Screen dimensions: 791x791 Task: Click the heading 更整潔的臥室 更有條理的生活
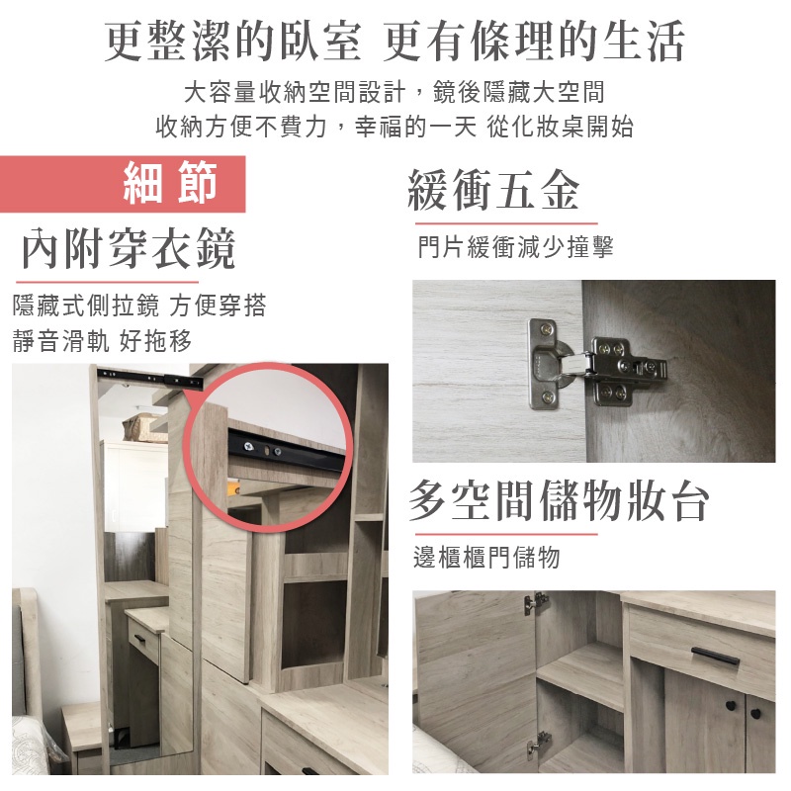394,42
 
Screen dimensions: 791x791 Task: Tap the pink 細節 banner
123,184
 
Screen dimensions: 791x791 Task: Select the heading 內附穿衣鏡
129,248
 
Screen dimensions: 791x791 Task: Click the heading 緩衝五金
493,189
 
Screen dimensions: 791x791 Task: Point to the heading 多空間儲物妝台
559,500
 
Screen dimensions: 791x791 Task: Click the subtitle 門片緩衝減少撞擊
515,246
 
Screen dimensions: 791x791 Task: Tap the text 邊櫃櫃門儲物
486,558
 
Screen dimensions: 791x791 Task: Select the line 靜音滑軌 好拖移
103,341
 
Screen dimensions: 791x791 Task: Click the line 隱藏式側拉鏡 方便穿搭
139,306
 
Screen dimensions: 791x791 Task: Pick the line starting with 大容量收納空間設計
394,92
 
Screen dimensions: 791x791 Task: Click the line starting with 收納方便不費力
394,127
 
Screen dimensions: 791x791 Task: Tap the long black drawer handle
715,655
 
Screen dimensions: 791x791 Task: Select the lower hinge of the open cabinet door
538,746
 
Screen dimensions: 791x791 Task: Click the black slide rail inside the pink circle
286,449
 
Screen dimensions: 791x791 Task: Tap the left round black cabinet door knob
732,705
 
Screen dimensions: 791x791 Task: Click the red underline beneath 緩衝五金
506,223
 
